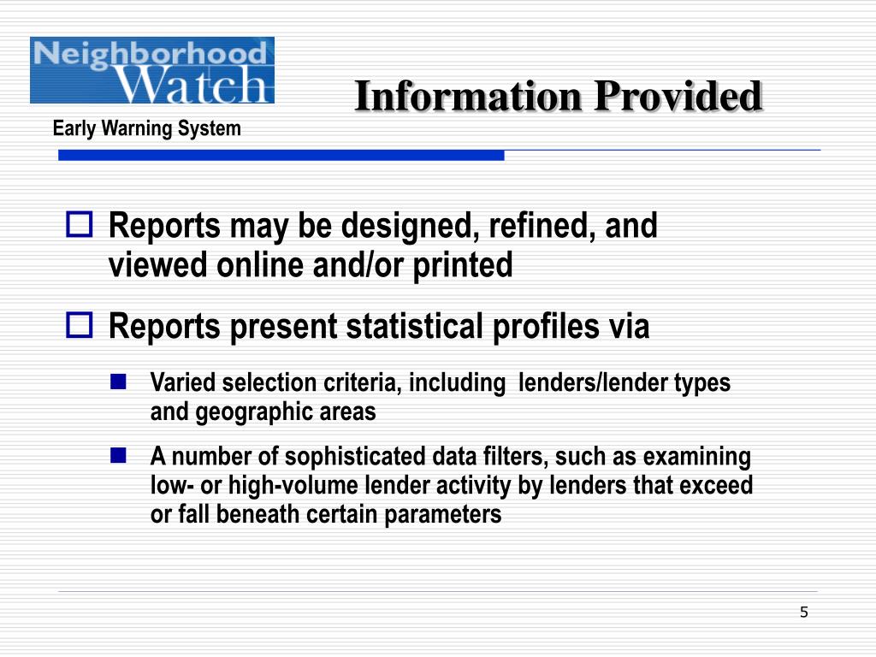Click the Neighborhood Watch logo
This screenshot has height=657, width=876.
[x=152, y=70]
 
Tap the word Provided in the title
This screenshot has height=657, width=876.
[x=677, y=96]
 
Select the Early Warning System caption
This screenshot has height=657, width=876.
[x=147, y=128]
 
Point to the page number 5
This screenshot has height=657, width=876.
[x=803, y=612]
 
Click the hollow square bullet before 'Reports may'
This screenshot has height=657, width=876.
[x=80, y=226]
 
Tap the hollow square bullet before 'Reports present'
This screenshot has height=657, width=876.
[x=80, y=325]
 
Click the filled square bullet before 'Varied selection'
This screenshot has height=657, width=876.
[x=119, y=381]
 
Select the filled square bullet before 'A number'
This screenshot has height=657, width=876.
[x=119, y=454]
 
